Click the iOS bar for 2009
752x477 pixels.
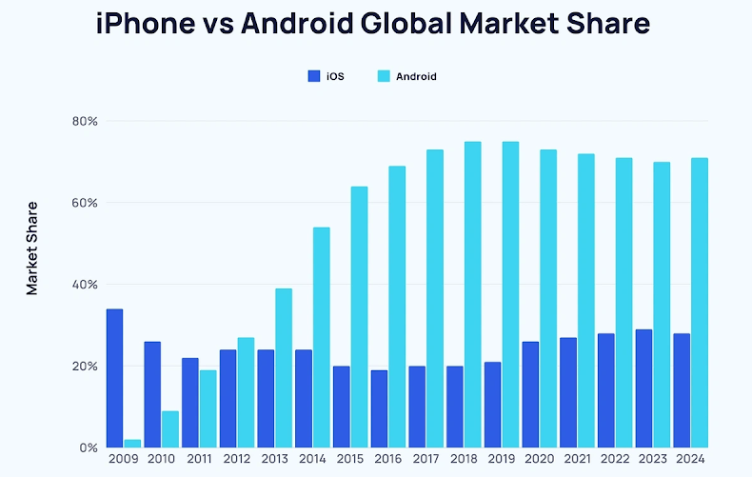point(114,378)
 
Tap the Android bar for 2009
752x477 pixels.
point(132,444)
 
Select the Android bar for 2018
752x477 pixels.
point(473,294)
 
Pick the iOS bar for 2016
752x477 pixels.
point(379,408)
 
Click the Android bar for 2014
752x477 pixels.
point(322,337)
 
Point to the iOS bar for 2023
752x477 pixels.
point(643,388)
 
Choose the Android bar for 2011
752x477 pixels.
point(208,408)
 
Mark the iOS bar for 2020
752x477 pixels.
point(530,394)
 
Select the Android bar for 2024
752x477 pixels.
point(700,303)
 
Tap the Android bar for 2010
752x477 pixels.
point(169,429)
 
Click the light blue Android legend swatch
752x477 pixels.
point(384,76)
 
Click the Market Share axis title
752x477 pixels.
point(32,248)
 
